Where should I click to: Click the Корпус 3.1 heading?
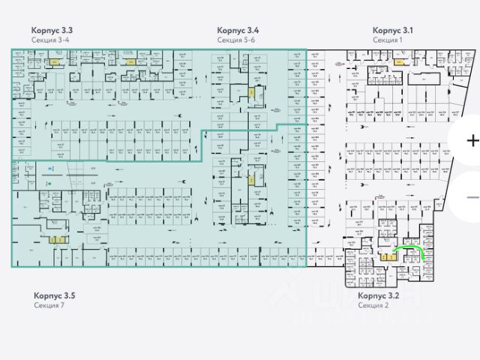[393, 30]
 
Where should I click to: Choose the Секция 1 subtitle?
[388, 40]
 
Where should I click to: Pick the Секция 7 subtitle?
[49, 306]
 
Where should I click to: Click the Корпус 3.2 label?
[379, 296]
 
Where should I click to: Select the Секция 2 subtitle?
[373, 306]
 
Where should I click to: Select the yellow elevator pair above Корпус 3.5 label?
[56, 240]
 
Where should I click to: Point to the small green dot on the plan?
[49, 183]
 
